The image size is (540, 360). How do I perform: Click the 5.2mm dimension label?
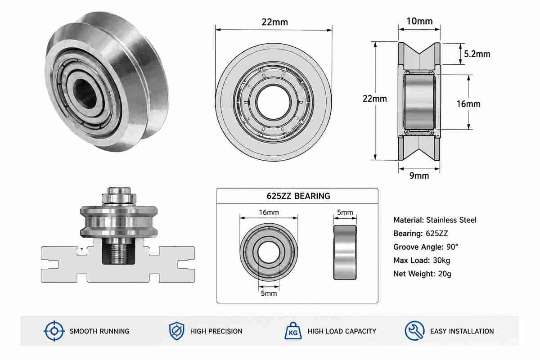click(477, 54)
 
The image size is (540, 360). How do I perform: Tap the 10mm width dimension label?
click(419, 21)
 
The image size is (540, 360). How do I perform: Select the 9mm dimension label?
click(419, 176)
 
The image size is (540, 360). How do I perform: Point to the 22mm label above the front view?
click(275, 22)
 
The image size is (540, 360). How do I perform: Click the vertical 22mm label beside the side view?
click(374, 99)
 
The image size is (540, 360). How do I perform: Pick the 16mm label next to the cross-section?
click(468, 104)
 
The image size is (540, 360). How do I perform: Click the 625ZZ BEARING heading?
click(298, 196)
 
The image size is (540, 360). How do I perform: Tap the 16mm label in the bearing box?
click(269, 212)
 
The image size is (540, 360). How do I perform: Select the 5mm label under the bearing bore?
click(269, 293)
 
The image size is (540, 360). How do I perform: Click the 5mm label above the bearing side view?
click(345, 212)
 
